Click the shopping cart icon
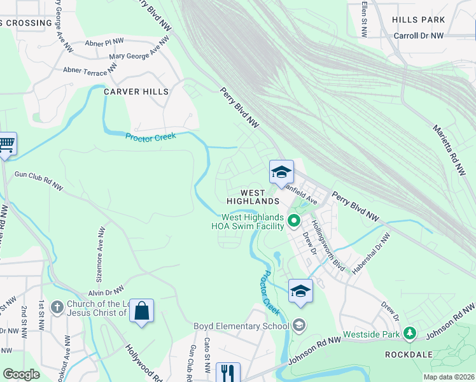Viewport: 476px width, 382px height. [7, 143]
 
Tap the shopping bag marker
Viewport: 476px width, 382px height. [141, 311]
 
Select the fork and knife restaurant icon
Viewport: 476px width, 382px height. [228, 372]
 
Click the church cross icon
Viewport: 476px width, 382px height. [57, 307]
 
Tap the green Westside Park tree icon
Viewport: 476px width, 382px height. [410, 333]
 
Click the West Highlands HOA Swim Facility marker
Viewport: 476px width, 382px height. [293, 221]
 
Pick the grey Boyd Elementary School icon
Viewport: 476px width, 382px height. [298, 326]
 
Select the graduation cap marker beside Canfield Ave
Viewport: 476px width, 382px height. [281, 172]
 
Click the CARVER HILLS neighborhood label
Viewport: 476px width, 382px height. [136, 92]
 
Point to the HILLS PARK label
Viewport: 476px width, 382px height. [418, 20]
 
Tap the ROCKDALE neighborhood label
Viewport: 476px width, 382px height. [409, 354]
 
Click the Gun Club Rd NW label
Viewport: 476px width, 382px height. [39, 180]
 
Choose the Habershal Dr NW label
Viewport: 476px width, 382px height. [370, 252]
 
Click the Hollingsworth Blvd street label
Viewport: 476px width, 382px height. [327, 246]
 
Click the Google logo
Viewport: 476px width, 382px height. [21, 374]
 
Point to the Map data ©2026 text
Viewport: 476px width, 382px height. [448, 377]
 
